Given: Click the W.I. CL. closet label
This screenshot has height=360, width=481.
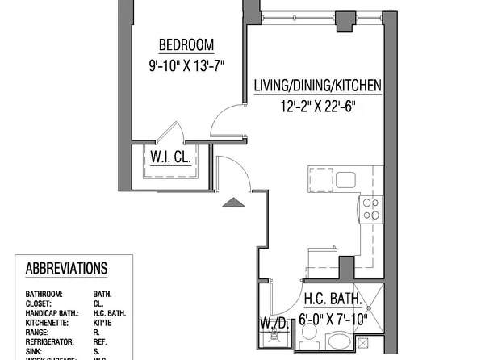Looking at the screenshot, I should [x=169, y=157].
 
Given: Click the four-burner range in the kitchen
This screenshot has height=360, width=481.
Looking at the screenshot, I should [x=370, y=209].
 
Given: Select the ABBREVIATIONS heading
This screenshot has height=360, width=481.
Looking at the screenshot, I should [x=67, y=268].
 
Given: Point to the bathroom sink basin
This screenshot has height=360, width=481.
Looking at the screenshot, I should [x=333, y=345].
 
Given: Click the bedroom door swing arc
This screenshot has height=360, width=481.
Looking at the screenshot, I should [x=222, y=121].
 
